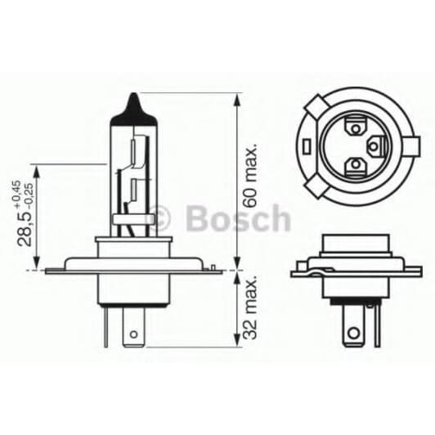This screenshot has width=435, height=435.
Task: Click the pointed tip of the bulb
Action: (x=132, y=96)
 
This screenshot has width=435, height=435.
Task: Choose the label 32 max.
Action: (x=252, y=308)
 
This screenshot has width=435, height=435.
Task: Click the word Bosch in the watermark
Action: (x=238, y=219)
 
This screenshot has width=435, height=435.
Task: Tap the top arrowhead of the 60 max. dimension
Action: (x=238, y=98)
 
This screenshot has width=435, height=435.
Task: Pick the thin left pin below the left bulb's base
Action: (x=106, y=323)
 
